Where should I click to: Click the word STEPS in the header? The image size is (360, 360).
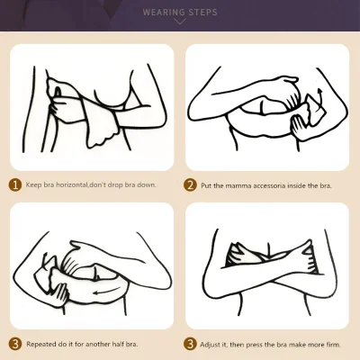pyautogui.click(x=202, y=13)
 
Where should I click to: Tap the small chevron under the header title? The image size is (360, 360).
pyautogui.click(x=180, y=22)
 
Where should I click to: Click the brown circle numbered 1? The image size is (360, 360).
pyautogui.click(x=15, y=184)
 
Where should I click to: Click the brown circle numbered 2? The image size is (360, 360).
pyautogui.click(x=190, y=185)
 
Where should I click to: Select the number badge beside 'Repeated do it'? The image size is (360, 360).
pyautogui.click(x=15, y=344)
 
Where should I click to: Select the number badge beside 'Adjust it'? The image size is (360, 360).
pyautogui.click(x=190, y=344)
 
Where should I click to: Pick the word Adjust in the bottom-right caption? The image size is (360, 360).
pyautogui.click(x=210, y=345)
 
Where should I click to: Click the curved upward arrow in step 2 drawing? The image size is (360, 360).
pyautogui.click(x=321, y=101)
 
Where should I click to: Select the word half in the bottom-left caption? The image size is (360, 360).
pyautogui.click(x=119, y=344)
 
